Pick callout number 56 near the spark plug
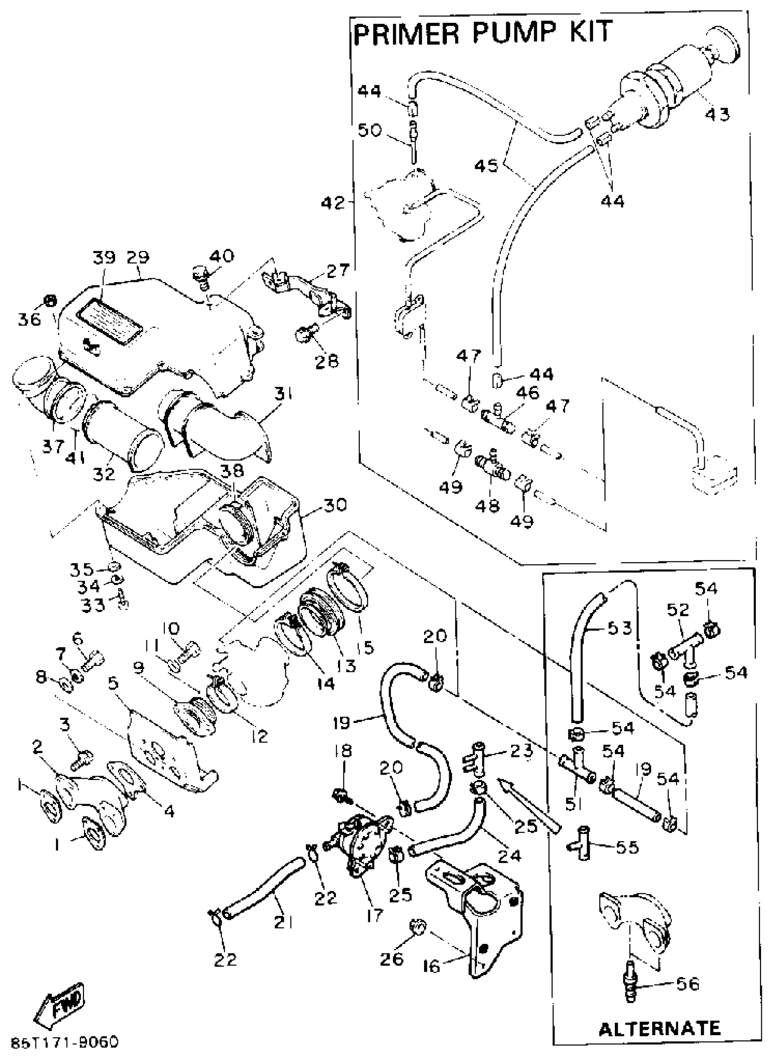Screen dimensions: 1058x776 [688, 984]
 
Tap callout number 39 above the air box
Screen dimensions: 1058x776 [104, 258]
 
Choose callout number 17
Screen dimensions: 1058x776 [375, 914]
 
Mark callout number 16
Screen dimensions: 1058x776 [432, 966]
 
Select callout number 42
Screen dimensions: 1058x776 [333, 203]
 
